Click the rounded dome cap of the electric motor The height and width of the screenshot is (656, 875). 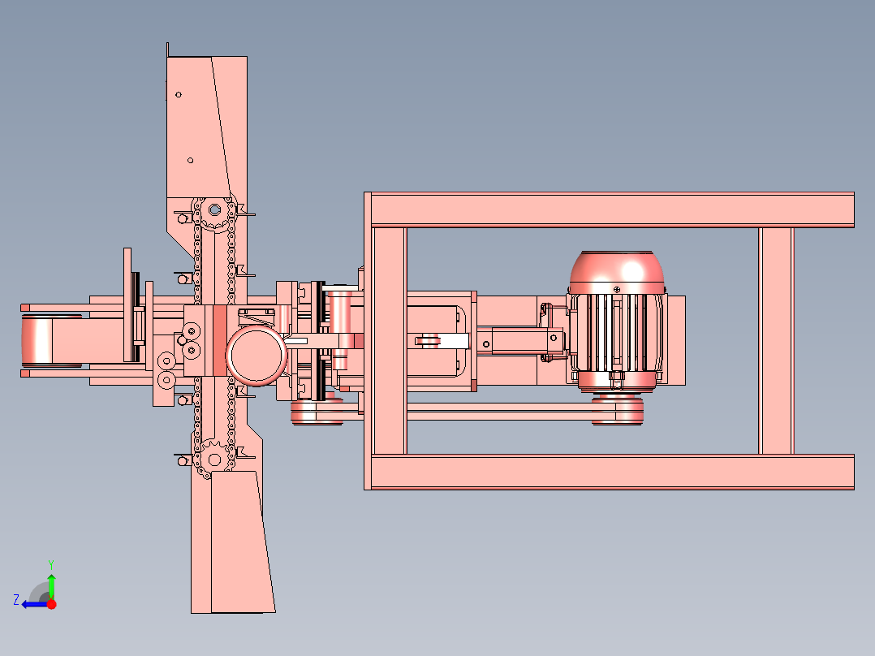(x=617, y=272)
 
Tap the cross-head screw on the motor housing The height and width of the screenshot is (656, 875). (x=617, y=290)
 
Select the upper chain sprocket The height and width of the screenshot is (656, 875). (x=215, y=210)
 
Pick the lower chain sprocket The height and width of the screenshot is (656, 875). (x=214, y=460)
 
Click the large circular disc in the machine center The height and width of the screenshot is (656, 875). (x=256, y=356)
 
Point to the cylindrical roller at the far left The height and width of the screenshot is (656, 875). (x=37, y=340)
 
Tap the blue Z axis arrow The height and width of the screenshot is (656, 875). (x=35, y=604)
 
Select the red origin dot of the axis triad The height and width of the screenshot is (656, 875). (x=51, y=604)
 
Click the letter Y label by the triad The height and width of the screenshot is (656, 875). (x=51, y=565)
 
